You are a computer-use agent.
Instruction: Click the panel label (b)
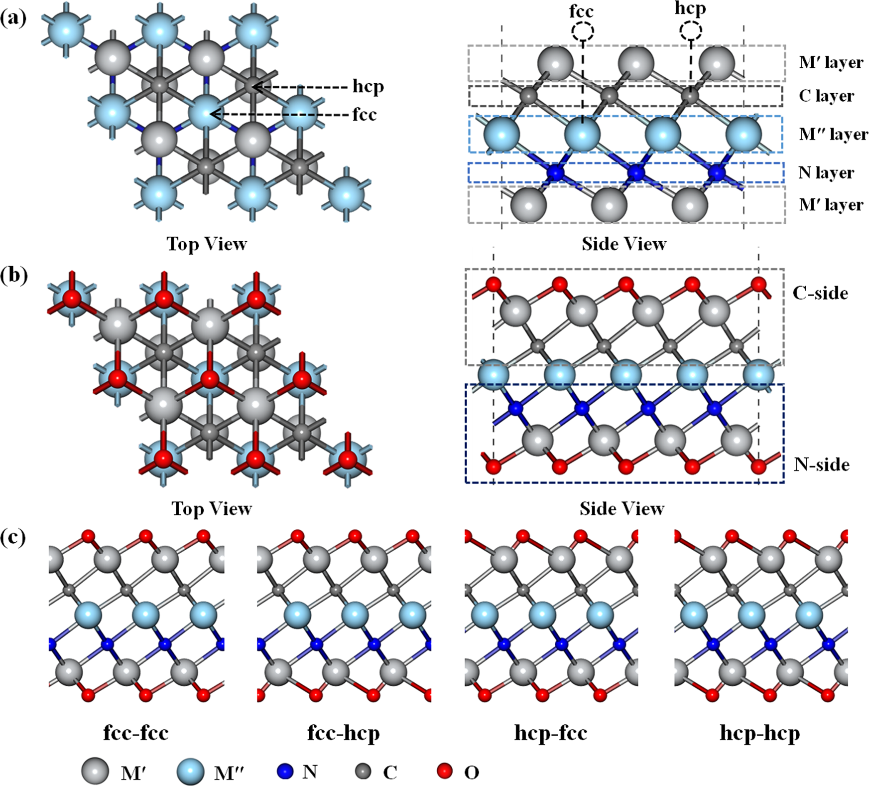click(13, 275)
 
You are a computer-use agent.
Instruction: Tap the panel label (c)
click(13, 538)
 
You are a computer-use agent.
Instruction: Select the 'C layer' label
click(826, 96)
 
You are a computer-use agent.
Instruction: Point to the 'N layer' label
click(826, 172)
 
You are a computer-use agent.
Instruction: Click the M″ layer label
click(833, 134)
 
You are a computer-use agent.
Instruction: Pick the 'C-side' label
click(820, 293)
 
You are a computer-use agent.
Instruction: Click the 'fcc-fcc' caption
click(136, 733)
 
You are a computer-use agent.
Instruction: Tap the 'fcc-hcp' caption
click(344, 733)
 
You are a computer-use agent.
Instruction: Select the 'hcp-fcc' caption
click(551, 733)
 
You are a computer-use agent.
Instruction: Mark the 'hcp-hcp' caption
click(760, 733)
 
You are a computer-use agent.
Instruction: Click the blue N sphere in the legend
click(284, 771)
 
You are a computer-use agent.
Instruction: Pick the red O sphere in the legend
click(444, 771)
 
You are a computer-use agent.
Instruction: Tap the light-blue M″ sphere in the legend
click(190, 772)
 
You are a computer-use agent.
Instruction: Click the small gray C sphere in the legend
click(363, 772)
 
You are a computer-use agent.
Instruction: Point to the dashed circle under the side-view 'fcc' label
click(582, 32)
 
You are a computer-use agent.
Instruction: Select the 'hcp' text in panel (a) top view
click(368, 87)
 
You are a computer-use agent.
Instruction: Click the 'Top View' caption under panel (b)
click(212, 508)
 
